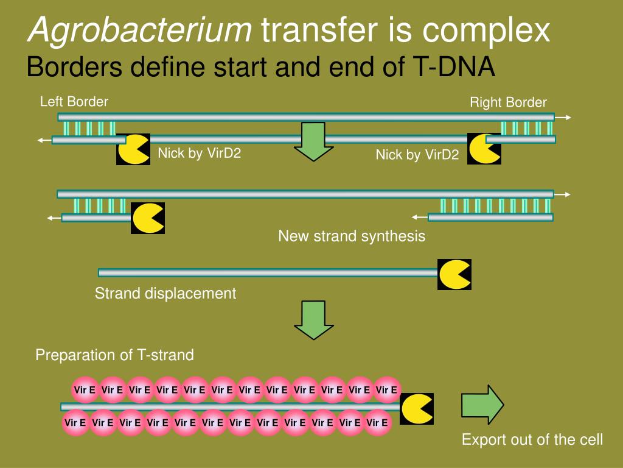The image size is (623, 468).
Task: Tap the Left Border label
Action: click(x=74, y=102)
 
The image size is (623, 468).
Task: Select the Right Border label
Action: click(x=508, y=102)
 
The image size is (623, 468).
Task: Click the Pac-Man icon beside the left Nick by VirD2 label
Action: click(x=133, y=149)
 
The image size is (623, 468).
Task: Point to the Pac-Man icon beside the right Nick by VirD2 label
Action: click(x=484, y=149)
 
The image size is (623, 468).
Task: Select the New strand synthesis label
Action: click(x=352, y=236)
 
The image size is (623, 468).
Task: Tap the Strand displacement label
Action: click(x=165, y=293)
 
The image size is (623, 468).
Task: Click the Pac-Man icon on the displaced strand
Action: click(x=454, y=274)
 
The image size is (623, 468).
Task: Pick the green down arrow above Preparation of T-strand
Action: click(x=313, y=319)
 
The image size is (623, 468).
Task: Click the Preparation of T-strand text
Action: click(x=114, y=355)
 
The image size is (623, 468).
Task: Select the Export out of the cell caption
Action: click(x=532, y=439)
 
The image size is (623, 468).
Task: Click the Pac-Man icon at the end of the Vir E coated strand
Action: click(x=417, y=408)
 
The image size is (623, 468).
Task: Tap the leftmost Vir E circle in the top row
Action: click(x=85, y=390)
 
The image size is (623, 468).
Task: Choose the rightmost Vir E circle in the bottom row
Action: click(x=377, y=422)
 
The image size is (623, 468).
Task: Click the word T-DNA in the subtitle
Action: click(x=456, y=67)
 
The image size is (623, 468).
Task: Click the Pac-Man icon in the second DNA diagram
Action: click(x=148, y=218)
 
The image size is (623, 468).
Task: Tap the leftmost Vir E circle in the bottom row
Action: click(x=75, y=422)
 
